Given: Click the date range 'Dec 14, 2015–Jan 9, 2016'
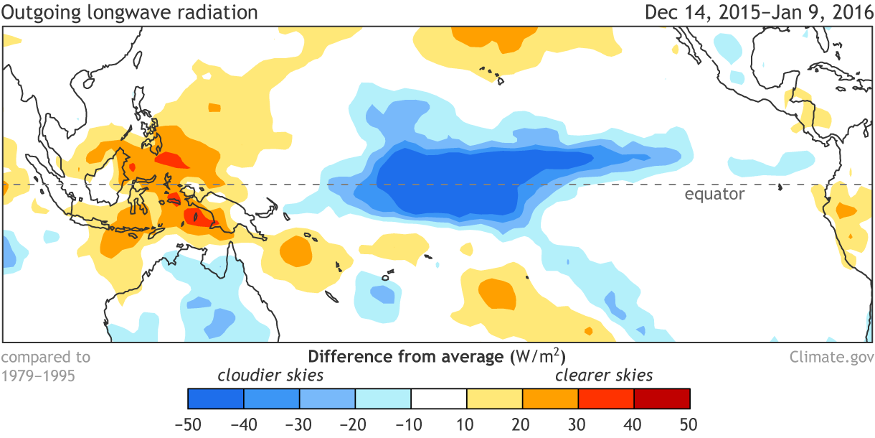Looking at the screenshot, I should [x=757, y=12].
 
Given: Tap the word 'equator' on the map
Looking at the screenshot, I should [x=714, y=194].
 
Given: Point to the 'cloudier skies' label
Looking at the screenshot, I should [x=270, y=376].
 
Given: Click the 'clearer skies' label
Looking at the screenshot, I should [x=605, y=376].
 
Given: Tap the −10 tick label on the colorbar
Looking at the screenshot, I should [x=410, y=424].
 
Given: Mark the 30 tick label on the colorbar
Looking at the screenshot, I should [x=578, y=424].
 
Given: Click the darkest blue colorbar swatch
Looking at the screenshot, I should [x=216, y=398].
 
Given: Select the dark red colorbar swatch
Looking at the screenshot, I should [x=662, y=398].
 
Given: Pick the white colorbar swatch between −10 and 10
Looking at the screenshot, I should [x=439, y=398].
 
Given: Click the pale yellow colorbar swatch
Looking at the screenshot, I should [x=495, y=398].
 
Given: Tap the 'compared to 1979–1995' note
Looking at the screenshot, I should [x=46, y=365].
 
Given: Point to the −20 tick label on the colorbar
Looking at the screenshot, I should [x=354, y=424].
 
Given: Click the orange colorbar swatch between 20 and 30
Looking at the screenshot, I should [x=550, y=398].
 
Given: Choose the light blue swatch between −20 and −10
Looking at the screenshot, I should [x=383, y=398].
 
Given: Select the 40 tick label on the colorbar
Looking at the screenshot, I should [x=634, y=424].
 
